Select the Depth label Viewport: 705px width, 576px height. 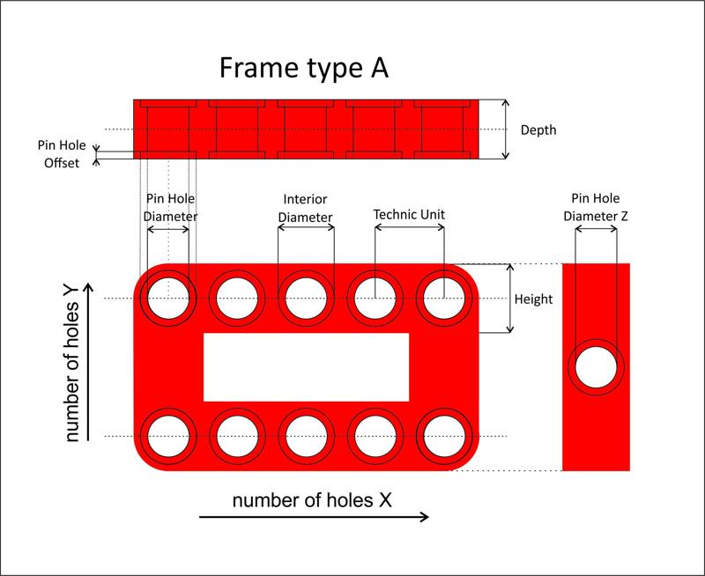[538, 130]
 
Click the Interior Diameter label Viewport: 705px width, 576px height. [305, 209]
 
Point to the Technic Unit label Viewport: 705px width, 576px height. [409, 214]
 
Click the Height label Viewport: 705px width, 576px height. [533, 299]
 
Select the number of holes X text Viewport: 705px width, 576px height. [312, 500]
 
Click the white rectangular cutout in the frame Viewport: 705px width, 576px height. [306, 367]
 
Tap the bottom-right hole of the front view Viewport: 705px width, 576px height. [441, 436]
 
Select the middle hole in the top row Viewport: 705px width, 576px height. [305, 298]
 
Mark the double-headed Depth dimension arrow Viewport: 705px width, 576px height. [506, 129]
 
